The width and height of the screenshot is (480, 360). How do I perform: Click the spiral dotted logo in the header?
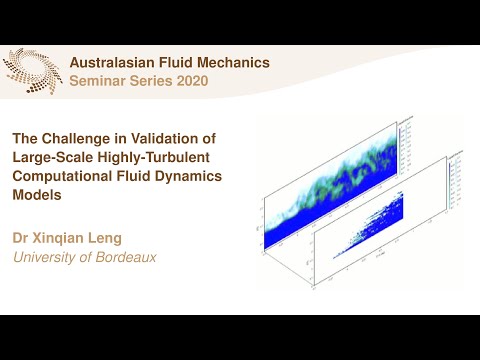[x=31, y=70]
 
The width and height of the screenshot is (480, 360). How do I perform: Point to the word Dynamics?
[x=189, y=177]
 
